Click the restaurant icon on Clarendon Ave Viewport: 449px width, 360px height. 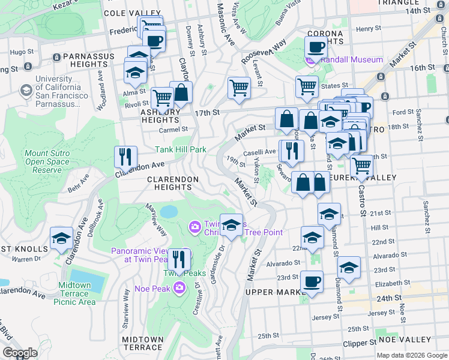coord(126,157)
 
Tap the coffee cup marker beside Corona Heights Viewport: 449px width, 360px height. coord(316,47)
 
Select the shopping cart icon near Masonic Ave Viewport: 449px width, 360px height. coord(239,88)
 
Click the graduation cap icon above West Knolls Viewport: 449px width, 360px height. coord(61,238)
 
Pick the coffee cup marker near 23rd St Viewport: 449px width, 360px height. coord(311,281)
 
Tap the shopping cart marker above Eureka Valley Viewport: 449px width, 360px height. coord(361,165)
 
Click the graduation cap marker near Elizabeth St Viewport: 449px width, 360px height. coord(349,267)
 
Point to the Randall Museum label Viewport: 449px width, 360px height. coord(352,60)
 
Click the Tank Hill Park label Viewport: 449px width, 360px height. coord(181,149)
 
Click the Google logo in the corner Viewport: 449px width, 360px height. coord(19,353)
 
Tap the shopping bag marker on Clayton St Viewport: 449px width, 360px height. coord(181,92)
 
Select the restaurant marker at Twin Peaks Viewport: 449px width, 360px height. coord(178,259)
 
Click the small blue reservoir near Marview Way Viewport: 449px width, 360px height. coord(169,212)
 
